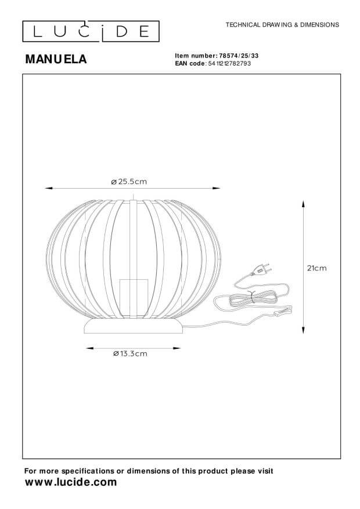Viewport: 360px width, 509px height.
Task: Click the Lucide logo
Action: (x=91, y=31)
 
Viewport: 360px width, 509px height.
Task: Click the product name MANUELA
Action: (x=56, y=59)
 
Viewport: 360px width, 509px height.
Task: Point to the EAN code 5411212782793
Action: (x=229, y=64)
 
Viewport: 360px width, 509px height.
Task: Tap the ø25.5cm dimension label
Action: (x=129, y=182)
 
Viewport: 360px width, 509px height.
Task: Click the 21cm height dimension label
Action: (x=317, y=268)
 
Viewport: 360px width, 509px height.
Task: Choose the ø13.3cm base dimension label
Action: (x=130, y=354)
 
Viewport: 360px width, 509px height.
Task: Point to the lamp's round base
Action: (x=133, y=326)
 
